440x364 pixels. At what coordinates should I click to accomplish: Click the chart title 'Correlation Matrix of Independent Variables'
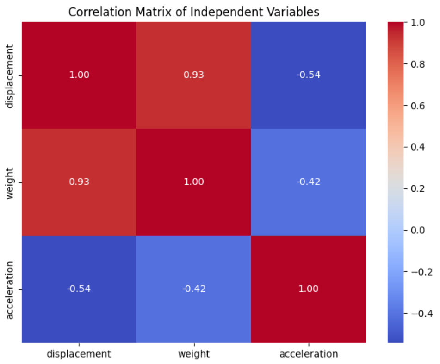click(x=194, y=12)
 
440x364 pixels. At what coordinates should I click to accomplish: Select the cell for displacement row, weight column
click(x=193, y=75)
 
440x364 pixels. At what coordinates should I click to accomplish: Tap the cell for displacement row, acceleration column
click(x=308, y=75)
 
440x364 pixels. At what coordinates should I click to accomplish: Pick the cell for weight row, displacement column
click(x=79, y=182)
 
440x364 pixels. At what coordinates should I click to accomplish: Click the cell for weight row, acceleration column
click(x=308, y=182)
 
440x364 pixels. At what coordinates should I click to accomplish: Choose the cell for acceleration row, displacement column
click(x=79, y=289)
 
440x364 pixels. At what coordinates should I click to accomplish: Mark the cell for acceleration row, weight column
click(x=193, y=289)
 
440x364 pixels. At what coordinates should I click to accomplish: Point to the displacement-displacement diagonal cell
click(x=79, y=75)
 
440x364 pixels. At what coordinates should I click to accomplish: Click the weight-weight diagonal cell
click(x=193, y=182)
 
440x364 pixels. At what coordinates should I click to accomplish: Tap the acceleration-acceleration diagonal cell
click(x=308, y=289)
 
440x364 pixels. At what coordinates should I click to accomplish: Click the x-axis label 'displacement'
click(x=79, y=354)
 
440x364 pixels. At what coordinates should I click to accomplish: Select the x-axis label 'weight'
click(x=193, y=354)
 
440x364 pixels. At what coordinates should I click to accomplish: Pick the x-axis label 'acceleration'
click(x=308, y=354)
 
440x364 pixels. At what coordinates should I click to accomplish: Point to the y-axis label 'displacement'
click(x=10, y=75)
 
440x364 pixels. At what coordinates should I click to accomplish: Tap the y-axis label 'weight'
click(x=10, y=182)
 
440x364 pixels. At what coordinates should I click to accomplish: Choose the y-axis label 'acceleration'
click(x=10, y=289)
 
